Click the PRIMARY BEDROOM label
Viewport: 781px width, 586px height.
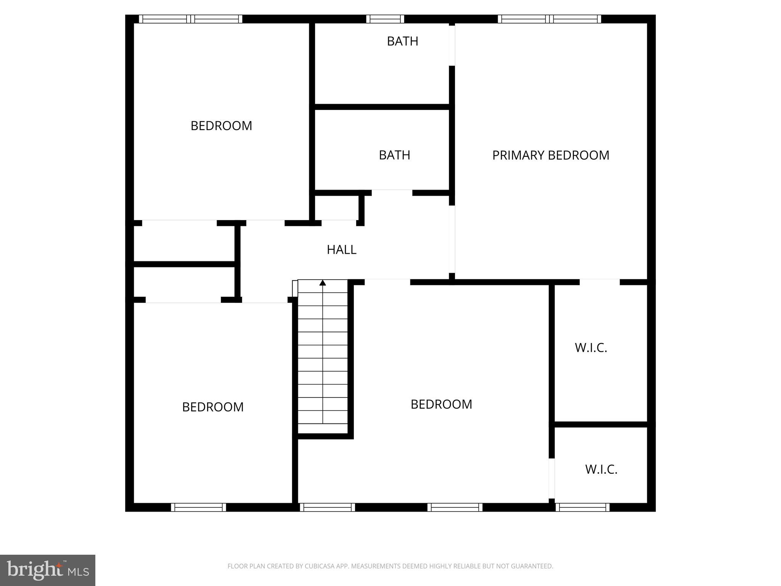click(x=550, y=155)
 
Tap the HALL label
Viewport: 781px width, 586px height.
click(x=341, y=250)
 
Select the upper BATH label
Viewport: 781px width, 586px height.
click(x=402, y=41)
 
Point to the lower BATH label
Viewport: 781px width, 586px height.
click(x=394, y=155)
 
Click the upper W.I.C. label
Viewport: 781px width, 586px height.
click(x=591, y=348)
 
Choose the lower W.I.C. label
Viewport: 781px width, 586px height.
click(x=601, y=469)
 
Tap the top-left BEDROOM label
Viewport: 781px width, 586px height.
click(x=221, y=126)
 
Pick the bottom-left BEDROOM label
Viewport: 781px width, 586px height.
click(x=213, y=407)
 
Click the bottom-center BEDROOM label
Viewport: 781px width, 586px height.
click(x=441, y=404)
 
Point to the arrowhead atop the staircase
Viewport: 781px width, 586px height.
click(x=323, y=283)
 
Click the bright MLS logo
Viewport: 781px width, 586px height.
click(x=48, y=570)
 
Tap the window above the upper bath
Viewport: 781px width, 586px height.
click(x=385, y=19)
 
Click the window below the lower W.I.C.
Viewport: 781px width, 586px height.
click(x=582, y=507)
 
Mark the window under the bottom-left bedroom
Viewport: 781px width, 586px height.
click(x=198, y=507)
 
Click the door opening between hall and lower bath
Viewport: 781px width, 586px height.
click(x=392, y=193)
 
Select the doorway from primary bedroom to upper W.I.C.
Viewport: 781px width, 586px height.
click(x=599, y=282)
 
